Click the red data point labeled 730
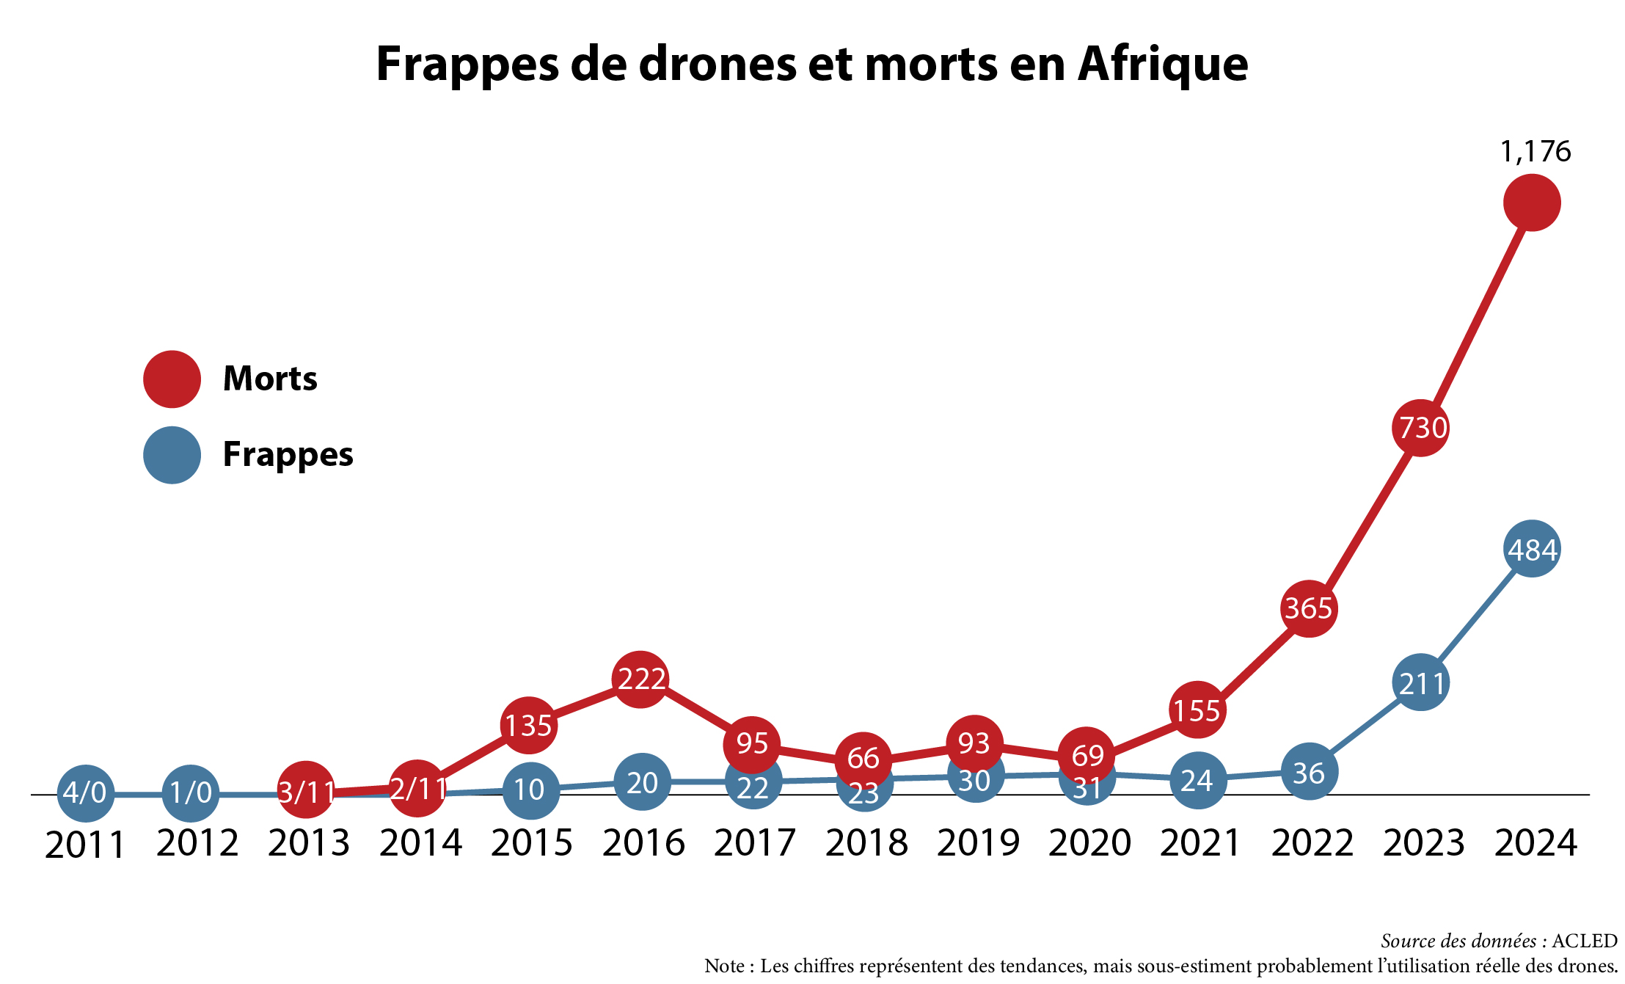[1420, 428]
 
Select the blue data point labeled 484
[1532, 549]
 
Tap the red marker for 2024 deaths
[1532, 203]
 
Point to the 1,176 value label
[1535, 151]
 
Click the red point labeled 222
[640, 679]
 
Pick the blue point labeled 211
[1421, 682]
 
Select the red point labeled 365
[1310, 608]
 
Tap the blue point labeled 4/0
[85, 793]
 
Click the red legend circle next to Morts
[172, 379]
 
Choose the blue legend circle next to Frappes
[172, 455]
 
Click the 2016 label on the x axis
[643, 843]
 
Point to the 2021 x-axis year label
[1200, 843]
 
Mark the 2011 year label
[85, 845]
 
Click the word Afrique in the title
[1163, 64]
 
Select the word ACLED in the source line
[1585, 941]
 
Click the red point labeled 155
[1197, 710]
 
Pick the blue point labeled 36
[1310, 772]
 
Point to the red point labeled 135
[528, 725]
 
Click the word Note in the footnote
[724, 966]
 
